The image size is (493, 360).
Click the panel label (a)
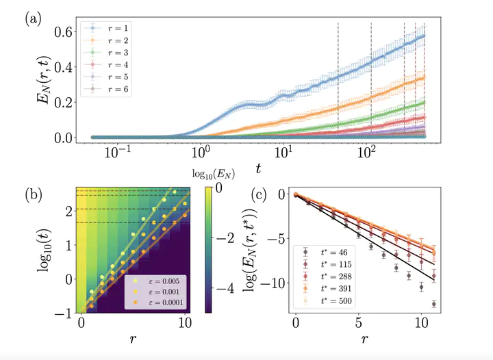tap(33, 19)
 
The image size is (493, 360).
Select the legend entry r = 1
tap(118, 28)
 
